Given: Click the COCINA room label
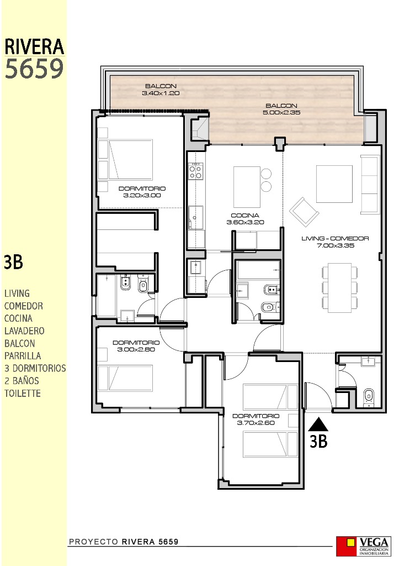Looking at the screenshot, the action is [245, 216].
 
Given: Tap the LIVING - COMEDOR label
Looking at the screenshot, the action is [335, 238].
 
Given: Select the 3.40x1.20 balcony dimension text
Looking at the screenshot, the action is [161, 93].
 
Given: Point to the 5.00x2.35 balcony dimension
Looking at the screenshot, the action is [281, 112].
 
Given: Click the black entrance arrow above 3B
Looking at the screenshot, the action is [318, 424].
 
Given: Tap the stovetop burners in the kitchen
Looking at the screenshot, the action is [196, 171].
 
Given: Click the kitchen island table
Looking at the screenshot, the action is [247, 187].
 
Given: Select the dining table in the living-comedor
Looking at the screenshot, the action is [339, 287].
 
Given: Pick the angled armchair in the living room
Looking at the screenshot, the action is [305, 212].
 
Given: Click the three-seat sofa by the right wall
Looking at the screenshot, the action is [370, 185].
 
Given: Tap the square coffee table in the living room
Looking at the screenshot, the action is [334, 184].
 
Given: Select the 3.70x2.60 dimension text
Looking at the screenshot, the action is [256, 423].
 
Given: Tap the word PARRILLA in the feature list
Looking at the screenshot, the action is [22, 356].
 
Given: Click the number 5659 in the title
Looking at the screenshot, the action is [34, 69].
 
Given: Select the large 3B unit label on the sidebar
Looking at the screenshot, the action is [14, 262].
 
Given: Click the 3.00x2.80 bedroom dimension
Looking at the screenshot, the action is [136, 349].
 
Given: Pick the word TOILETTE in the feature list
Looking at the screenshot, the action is [22, 393].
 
